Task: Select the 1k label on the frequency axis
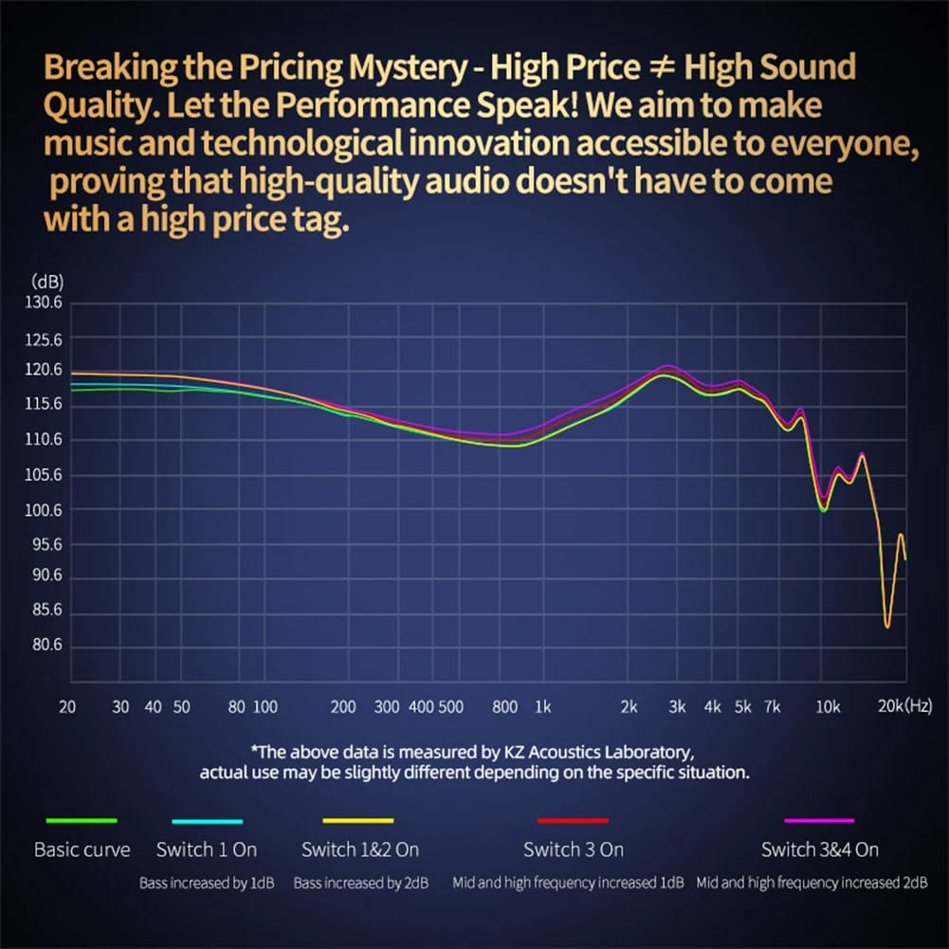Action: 542,706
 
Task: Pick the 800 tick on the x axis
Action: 505,706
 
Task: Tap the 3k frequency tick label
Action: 677,706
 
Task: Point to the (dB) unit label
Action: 46,282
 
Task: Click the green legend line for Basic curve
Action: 82,821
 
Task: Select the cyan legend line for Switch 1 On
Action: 207,821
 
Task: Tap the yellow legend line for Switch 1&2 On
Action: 358,821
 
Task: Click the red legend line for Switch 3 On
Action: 573,821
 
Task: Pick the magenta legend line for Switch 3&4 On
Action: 819,821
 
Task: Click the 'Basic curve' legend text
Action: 82,849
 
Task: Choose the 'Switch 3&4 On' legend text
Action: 819,849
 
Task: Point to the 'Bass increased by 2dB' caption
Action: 361,883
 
